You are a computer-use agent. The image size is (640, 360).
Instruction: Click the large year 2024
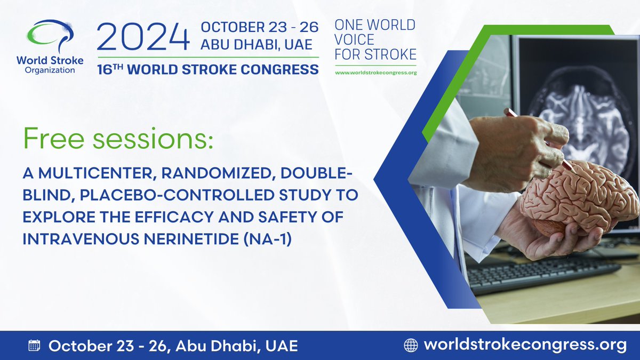143,38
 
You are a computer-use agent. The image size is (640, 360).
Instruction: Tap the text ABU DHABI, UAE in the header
256,44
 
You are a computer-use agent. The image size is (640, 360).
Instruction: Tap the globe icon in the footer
411,345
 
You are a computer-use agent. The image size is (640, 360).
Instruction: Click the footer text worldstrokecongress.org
525,345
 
